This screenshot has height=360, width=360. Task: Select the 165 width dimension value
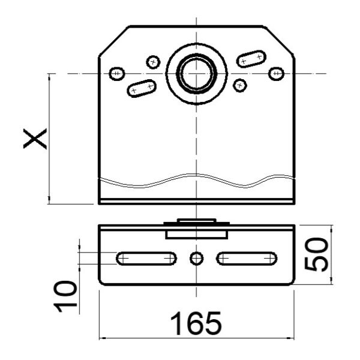coord(196,324)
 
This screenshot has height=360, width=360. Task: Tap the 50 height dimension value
coord(317,254)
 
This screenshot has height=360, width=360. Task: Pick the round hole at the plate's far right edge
coord(275,73)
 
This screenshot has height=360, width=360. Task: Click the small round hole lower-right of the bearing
coord(241,85)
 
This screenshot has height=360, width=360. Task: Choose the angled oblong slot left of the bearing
coord(142,88)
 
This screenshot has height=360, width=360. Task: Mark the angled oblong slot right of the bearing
coord(251,58)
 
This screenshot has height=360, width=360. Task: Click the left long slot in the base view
coord(146,258)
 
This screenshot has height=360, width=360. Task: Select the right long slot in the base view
coord(247,258)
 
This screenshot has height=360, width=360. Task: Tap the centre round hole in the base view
coord(196,258)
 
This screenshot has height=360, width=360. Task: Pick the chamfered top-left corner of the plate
coord(114,40)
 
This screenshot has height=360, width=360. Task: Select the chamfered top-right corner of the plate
coord(279,40)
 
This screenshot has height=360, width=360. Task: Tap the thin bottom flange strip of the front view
coord(196,202)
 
